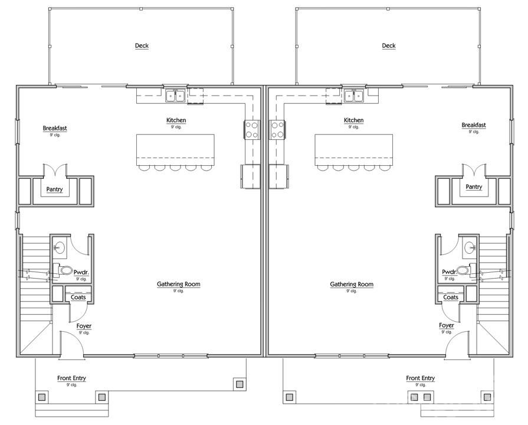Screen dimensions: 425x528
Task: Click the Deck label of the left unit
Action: click(142, 46)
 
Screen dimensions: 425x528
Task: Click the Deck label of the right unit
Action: click(388, 46)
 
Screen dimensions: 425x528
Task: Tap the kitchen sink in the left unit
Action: click(175, 95)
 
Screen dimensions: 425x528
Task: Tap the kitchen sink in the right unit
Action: click(353, 95)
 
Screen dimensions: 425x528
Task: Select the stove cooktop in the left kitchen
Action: click(251, 129)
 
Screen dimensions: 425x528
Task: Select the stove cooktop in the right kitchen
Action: click(277, 129)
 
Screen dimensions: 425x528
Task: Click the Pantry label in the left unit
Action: click(54, 189)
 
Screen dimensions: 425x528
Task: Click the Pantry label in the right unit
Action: click(474, 187)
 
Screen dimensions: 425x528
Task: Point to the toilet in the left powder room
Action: click(65, 270)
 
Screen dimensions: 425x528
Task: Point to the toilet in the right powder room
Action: click(463, 270)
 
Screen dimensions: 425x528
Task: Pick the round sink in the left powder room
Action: click(60, 249)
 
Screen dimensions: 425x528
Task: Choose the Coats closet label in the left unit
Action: click(78, 297)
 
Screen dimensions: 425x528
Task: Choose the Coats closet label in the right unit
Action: click(451, 297)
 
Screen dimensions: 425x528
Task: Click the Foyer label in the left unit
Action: click(84, 326)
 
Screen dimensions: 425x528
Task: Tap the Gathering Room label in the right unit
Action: click(352, 285)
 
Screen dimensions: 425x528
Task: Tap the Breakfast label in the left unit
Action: click(54, 128)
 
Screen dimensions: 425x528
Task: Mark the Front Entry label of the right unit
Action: click(420, 378)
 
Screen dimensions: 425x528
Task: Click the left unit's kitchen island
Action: click(175, 149)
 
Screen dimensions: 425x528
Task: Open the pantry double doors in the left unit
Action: click(54, 171)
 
